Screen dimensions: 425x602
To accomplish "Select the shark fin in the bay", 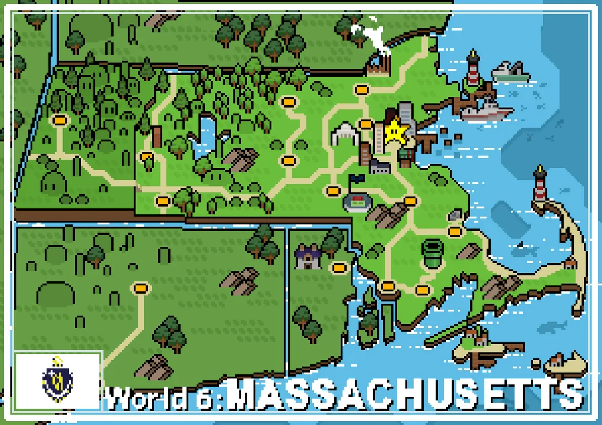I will point(520,245).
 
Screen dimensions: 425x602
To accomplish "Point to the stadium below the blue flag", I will point(357,202).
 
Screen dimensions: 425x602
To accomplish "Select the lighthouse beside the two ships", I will point(473,69).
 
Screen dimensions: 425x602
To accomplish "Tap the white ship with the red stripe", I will point(486,110).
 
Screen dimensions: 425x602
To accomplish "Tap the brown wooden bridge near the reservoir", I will point(157,136).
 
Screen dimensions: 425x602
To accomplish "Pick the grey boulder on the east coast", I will point(456,215).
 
